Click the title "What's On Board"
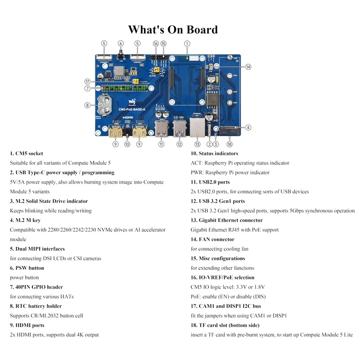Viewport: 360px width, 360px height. [173, 30]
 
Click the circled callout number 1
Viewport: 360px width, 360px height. [187, 43]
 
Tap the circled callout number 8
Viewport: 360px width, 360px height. [87, 105]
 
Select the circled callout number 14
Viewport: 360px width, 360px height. [248, 67]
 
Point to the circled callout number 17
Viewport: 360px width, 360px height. [87, 81]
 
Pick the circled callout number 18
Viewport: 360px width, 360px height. [229, 144]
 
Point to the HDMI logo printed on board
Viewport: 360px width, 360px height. [129, 117]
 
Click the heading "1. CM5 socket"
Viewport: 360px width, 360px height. [27, 153]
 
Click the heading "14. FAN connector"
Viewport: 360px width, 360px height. [212, 239]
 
